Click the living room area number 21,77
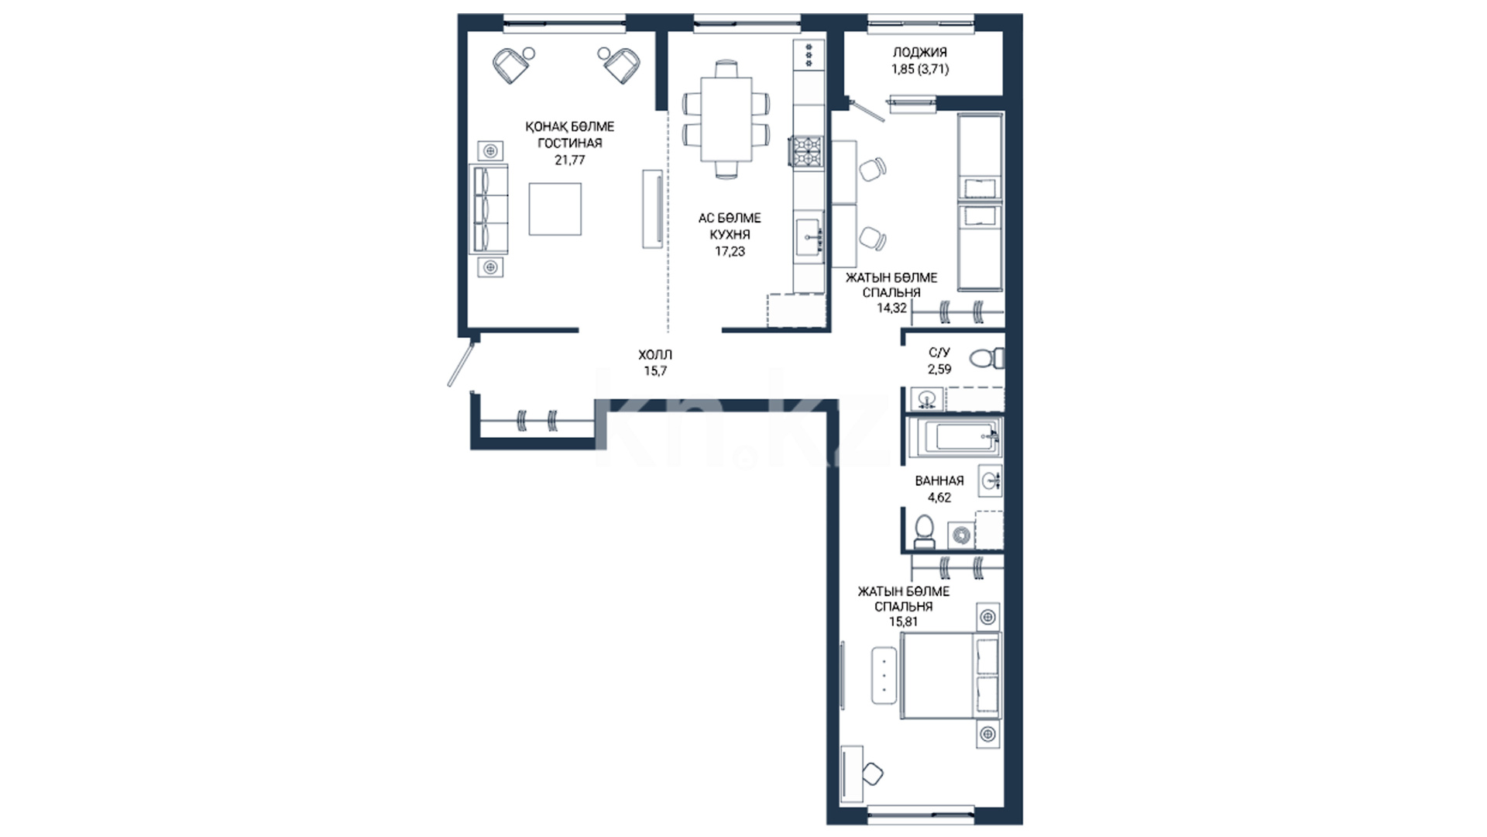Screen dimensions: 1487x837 pyautogui.click(x=569, y=160)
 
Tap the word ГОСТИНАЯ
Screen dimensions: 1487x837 pyautogui.click(x=569, y=143)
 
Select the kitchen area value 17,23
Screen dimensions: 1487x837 pyautogui.click(x=730, y=251)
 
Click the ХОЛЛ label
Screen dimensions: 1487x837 pyautogui.click(x=655, y=354)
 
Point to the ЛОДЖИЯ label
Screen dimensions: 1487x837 pyautogui.click(x=920, y=53)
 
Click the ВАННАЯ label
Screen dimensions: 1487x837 pyautogui.click(x=939, y=480)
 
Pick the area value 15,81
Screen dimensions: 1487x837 pyautogui.click(x=903, y=622)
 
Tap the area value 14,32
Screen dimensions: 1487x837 pyautogui.click(x=891, y=308)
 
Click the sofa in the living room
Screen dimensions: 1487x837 pyautogui.click(x=489, y=208)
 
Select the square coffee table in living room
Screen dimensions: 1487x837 pyautogui.click(x=555, y=209)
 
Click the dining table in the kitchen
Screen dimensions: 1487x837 pyautogui.click(x=726, y=119)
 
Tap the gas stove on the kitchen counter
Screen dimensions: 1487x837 pyautogui.click(x=806, y=152)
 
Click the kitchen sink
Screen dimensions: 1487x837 pyautogui.click(x=810, y=234)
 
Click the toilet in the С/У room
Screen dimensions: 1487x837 pyautogui.click(x=987, y=358)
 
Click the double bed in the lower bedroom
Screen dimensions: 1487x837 pyautogui.click(x=951, y=675)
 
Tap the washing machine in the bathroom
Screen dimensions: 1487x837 pyautogui.click(x=961, y=536)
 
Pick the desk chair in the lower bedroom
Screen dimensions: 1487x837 pyautogui.click(x=873, y=773)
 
